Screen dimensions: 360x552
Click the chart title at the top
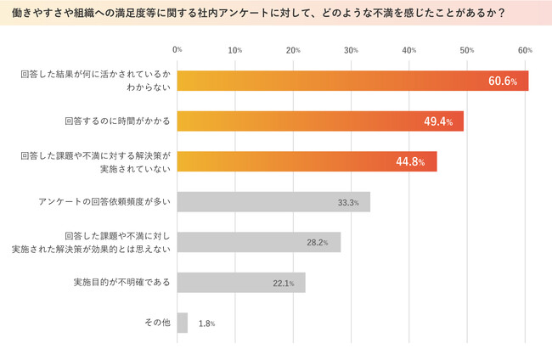[275, 14]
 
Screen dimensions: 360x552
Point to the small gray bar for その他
[183, 323]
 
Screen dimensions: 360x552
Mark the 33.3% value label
[348, 203]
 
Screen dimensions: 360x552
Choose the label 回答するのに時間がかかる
[117, 121]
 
